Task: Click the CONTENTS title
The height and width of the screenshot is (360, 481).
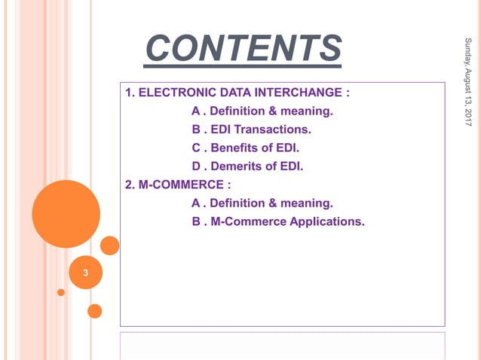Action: point(243,49)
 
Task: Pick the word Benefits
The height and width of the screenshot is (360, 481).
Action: point(234,148)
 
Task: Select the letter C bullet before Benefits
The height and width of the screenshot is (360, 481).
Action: point(196,148)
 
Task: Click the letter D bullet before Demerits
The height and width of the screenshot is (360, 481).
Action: point(196,166)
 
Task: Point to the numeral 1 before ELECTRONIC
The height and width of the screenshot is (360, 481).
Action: point(128,93)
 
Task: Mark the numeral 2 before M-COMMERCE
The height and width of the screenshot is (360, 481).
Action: point(128,185)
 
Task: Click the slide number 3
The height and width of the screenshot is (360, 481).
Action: point(85,273)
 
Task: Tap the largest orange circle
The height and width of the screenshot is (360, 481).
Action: point(66,214)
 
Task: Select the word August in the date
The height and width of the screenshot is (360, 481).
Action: point(468,75)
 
